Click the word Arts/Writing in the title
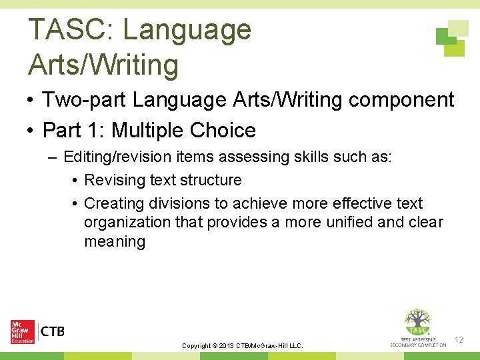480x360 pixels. click(103, 65)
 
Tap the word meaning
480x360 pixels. click(114, 241)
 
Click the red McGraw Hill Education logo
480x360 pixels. click(23, 332)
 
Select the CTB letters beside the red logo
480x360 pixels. click(53, 331)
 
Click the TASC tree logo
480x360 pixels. click(418, 326)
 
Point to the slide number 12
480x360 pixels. click(459, 341)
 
